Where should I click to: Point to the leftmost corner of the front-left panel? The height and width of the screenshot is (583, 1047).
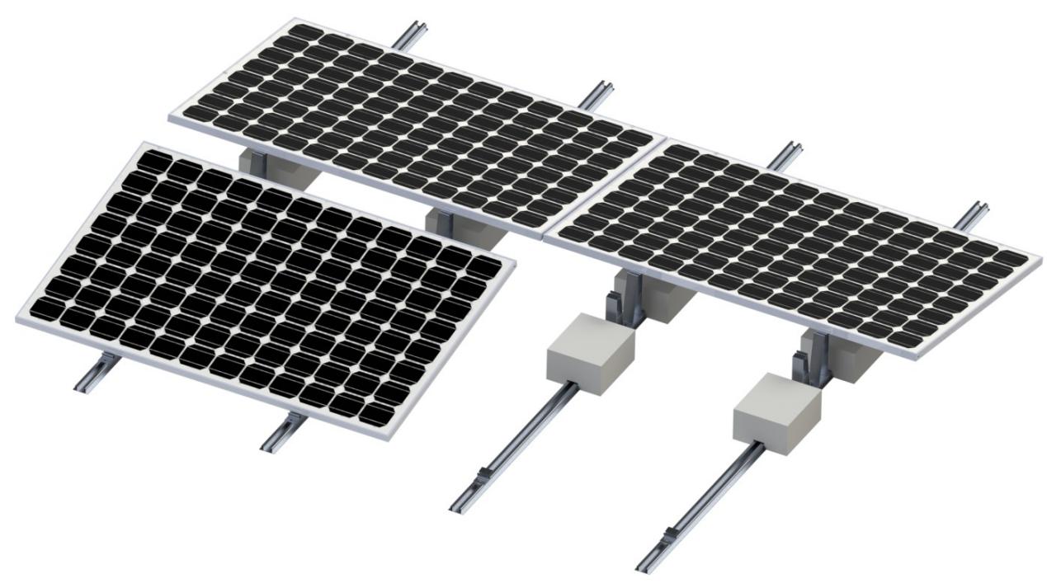coord(17,318)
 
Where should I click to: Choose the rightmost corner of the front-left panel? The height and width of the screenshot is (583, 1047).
coord(515,259)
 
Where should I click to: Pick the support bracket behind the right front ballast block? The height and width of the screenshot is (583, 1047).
coord(813,363)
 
